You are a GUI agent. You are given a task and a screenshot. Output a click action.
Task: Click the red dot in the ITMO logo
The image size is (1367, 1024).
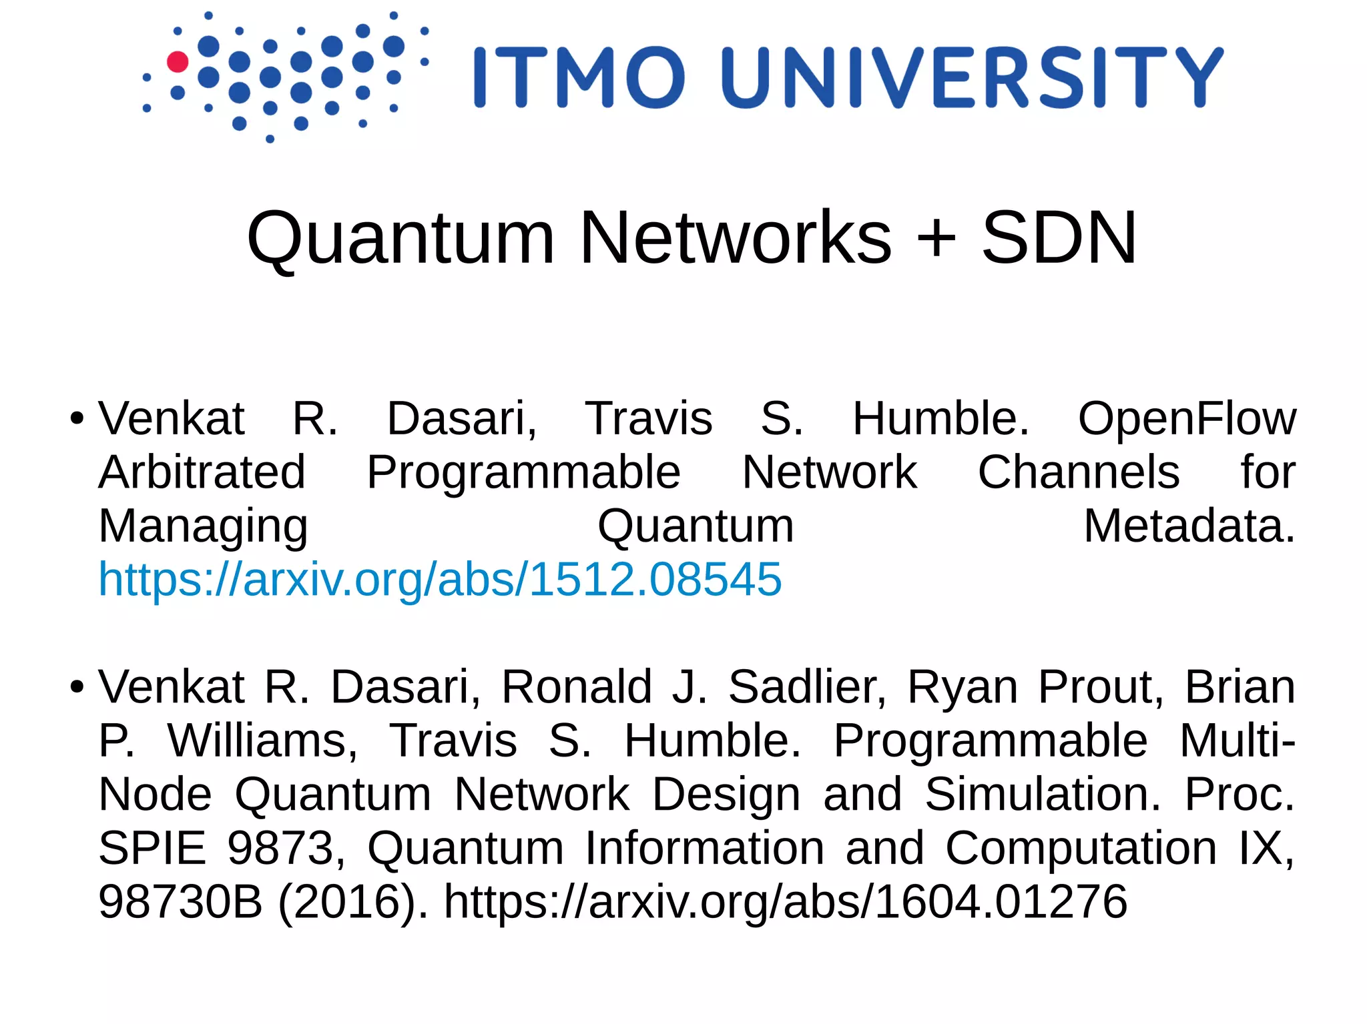[x=178, y=61]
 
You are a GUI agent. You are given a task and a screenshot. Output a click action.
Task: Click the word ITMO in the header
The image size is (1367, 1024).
[x=579, y=77]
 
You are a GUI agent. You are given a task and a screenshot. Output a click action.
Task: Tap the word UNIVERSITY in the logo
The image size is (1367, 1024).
[x=973, y=77]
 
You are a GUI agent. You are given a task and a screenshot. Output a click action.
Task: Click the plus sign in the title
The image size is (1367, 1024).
[x=936, y=238]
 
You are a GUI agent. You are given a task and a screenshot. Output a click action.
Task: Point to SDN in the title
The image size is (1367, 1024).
[x=1059, y=238]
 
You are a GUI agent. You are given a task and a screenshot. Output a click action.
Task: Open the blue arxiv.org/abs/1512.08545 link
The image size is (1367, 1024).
[x=440, y=579]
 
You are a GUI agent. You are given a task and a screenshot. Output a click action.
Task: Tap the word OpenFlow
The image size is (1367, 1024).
[x=1187, y=419]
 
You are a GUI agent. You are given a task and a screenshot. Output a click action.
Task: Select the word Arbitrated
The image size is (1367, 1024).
[x=202, y=472]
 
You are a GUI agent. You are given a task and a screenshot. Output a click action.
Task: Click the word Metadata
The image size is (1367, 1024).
[x=1189, y=526]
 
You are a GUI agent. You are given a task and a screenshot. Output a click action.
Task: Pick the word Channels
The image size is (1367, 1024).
[x=1079, y=472]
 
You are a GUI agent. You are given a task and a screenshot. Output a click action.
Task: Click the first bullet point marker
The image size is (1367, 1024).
[x=77, y=420]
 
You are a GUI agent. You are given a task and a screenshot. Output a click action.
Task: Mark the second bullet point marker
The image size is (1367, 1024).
[x=77, y=687]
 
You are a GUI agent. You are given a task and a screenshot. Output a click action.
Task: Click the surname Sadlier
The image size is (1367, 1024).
[x=807, y=687]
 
